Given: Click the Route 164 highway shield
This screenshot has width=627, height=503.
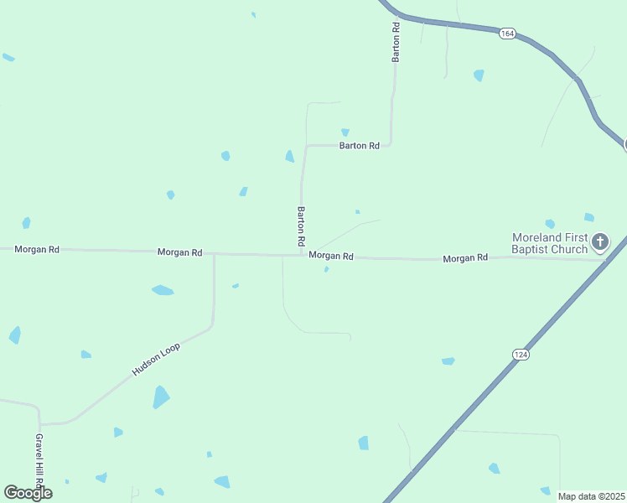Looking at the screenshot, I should tap(507, 34).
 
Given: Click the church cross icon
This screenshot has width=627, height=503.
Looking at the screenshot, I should tap(599, 243).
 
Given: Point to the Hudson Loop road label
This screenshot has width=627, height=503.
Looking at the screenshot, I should tap(156, 359).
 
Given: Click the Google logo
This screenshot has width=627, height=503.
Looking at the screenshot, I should tap(28, 493).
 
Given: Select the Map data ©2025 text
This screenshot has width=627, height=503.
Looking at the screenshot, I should tap(590, 496).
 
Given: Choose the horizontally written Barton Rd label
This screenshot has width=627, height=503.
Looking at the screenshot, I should tap(359, 146).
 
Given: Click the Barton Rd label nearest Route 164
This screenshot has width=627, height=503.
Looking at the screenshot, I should tap(396, 42).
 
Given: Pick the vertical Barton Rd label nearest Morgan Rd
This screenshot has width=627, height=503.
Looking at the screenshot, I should tap(301, 226).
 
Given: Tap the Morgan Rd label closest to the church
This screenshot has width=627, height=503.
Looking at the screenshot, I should tap(465, 258).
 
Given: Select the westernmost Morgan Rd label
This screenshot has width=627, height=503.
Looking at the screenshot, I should tap(37, 250).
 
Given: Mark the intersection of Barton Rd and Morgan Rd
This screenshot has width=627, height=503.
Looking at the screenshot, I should tap(301, 255).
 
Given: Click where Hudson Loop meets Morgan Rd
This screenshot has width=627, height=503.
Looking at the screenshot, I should tap(214, 254).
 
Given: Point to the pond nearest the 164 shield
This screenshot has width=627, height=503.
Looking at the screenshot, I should tap(479, 75).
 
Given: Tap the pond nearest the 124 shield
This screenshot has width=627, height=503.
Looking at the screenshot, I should tap(448, 361).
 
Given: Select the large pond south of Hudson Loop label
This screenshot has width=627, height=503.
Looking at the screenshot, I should tap(161, 397).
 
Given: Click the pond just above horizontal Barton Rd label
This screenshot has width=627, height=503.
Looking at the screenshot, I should tap(345, 132).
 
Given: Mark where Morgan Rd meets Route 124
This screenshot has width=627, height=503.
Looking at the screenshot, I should tap(607, 260).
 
